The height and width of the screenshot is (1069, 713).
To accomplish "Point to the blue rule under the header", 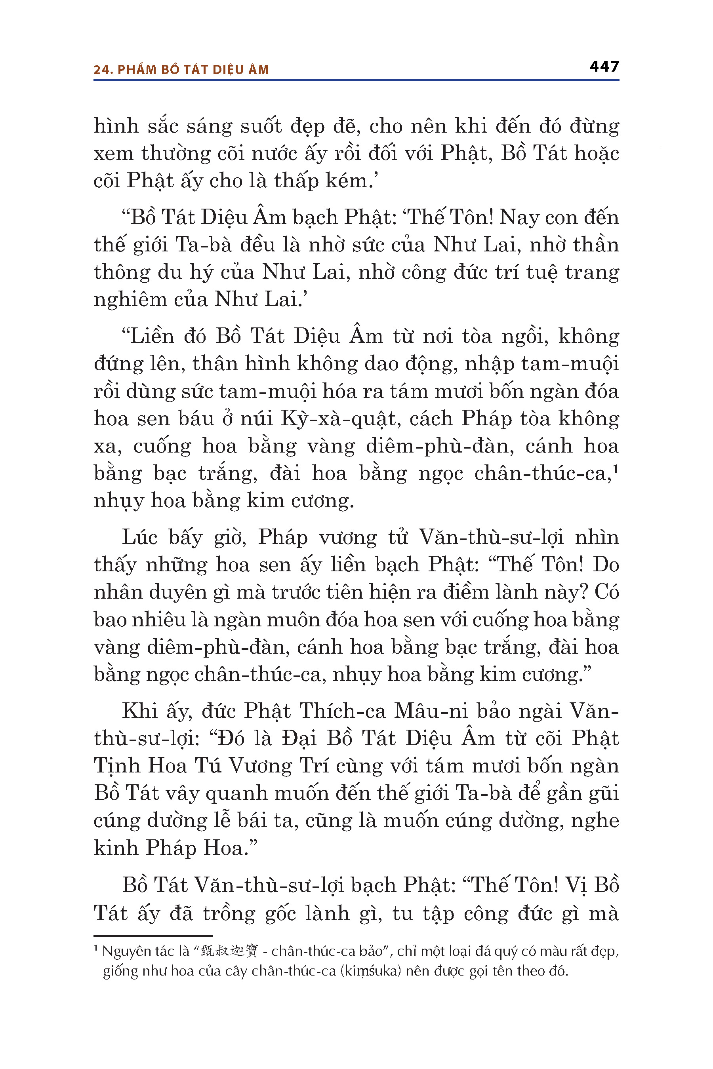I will point(356,80).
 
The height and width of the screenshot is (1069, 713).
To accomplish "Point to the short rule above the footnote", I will point(153,936).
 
